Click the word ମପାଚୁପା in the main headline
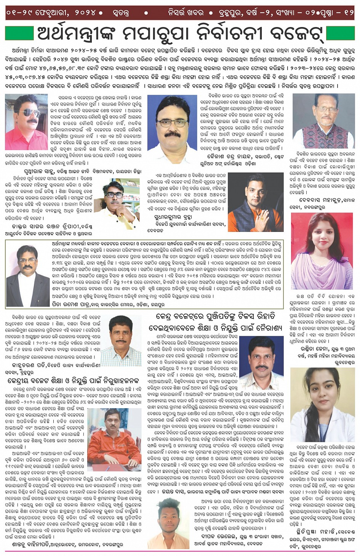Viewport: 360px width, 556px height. point(155,34)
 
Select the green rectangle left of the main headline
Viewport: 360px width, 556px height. point(19,33)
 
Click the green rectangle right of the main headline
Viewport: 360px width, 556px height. point(341,33)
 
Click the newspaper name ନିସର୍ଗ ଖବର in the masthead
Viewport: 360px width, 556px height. point(186,13)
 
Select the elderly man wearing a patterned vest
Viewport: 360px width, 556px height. point(324,121)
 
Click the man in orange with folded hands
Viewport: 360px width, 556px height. point(250,202)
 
